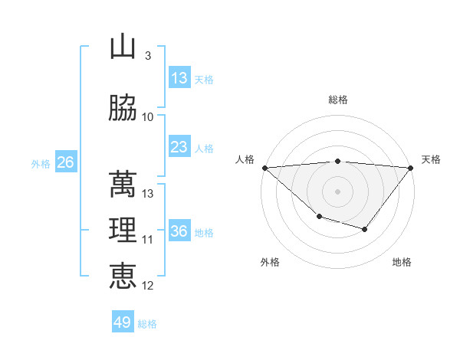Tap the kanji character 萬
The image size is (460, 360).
(x=123, y=184)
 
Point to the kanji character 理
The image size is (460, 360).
(x=123, y=230)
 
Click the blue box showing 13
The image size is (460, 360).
(x=179, y=78)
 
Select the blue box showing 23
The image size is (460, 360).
(x=179, y=147)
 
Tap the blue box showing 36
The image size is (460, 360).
(x=179, y=231)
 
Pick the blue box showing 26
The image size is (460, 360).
(x=65, y=162)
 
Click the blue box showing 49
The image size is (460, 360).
(x=123, y=322)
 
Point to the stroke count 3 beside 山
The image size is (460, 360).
(x=147, y=56)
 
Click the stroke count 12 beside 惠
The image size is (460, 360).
(x=148, y=286)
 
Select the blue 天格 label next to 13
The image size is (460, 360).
(x=203, y=79)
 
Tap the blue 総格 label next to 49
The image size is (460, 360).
(x=147, y=323)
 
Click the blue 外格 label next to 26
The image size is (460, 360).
(x=41, y=163)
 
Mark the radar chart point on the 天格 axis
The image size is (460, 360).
(x=412, y=168)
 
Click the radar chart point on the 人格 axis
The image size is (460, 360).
(x=264, y=168)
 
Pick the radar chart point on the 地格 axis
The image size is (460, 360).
(x=365, y=229)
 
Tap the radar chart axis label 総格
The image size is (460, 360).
(x=338, y=100)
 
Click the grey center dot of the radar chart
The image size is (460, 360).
(x=338, y=191)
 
